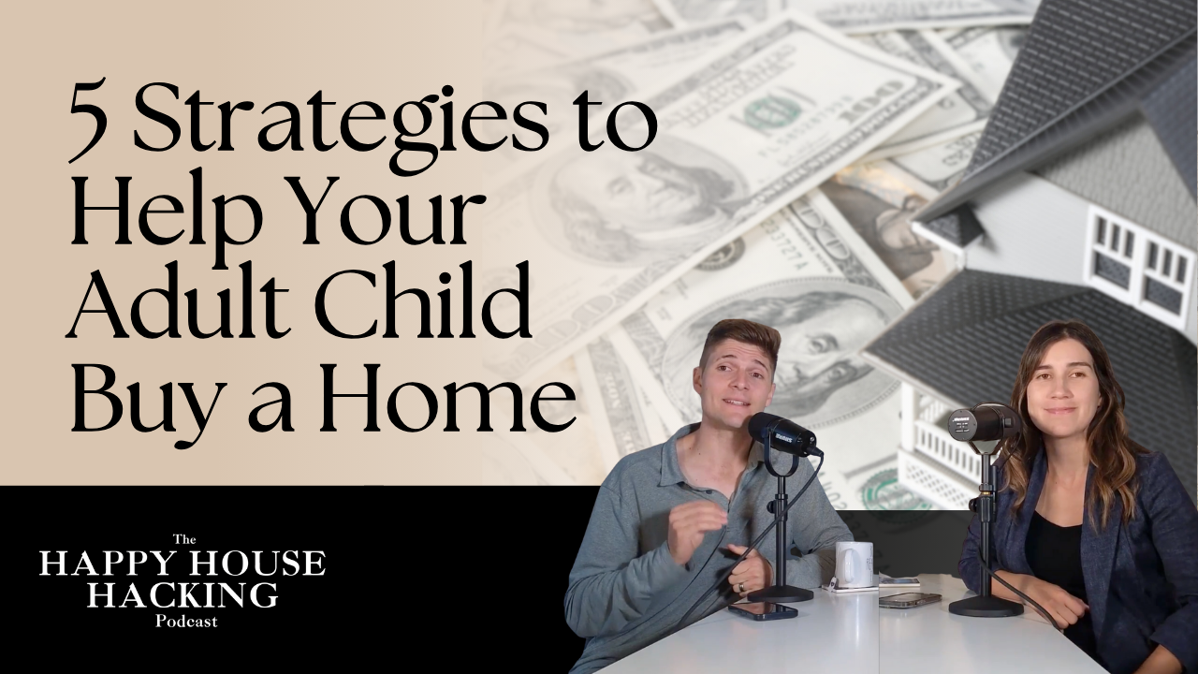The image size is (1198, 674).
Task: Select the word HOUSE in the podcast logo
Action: [x=262, y=564]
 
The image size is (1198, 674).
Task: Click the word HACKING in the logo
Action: [x=183, y=594]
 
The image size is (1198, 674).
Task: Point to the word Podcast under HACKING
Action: [x=183, y=622]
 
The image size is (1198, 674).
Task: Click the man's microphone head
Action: [x=782, y=433]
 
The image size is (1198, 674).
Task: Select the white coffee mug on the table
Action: [x=854, y=564]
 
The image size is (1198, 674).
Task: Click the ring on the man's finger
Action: [x=742, y=587]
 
